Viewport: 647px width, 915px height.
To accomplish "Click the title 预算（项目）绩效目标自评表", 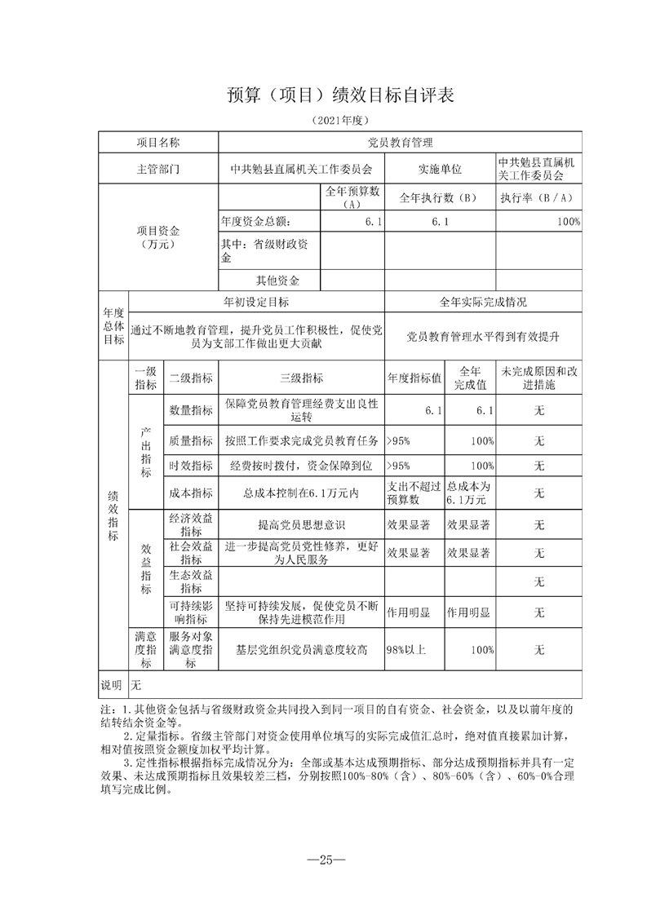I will coord(339,95).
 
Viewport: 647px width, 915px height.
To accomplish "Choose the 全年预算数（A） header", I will coord(352,197).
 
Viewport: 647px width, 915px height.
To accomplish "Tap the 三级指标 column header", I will coord(301,378).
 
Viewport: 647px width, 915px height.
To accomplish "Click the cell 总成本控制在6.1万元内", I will coord(301,493).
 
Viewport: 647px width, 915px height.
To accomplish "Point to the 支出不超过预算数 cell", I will coord(414,493).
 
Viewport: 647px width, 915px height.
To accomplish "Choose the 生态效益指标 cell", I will coord(190,581).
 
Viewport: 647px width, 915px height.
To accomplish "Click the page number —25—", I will coord(324,860).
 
